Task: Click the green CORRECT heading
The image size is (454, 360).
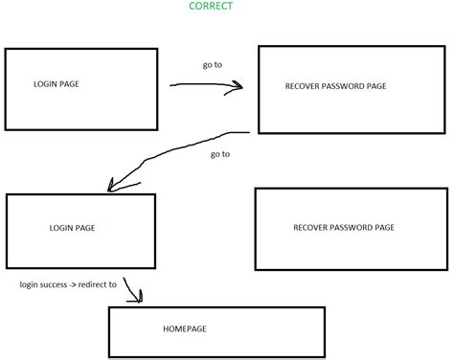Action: point(210,6)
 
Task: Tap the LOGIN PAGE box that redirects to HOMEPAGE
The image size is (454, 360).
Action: point(80,231)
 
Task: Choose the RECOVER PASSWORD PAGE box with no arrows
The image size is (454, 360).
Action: point(351,228)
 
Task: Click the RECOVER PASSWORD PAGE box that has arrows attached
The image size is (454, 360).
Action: point(351,89)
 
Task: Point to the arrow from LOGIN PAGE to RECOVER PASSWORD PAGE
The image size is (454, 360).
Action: point(206,84)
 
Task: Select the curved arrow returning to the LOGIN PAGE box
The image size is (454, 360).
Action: point(172,153)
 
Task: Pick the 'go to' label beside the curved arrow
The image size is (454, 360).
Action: point(218,153)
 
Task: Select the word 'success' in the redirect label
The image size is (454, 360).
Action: point(56,284)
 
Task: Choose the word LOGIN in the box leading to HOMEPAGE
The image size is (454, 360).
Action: point(58,229)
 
